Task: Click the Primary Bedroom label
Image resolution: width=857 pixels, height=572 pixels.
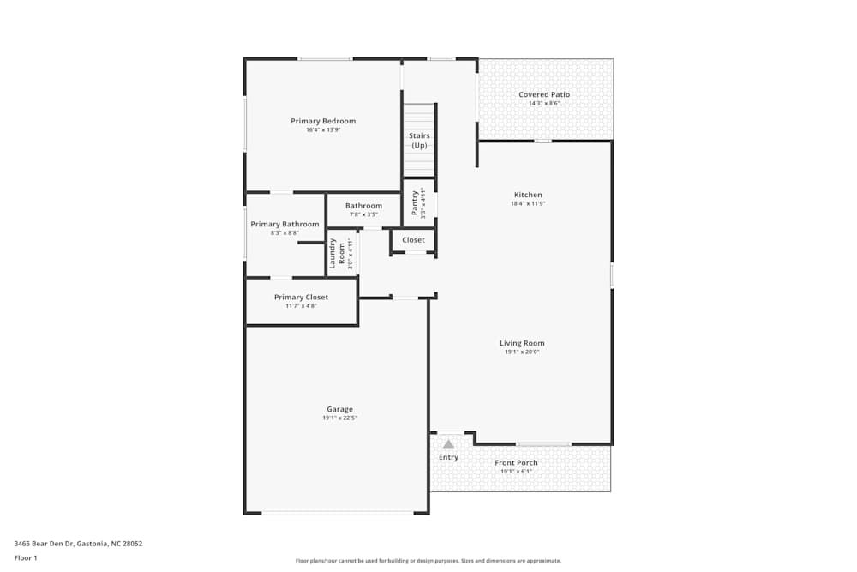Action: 323,121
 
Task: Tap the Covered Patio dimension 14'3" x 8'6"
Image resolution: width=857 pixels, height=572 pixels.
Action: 544,104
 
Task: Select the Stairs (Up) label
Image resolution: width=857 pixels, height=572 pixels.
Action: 419,141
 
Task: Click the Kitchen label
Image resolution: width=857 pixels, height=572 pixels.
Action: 528,195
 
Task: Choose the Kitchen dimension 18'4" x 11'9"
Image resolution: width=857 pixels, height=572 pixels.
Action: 528,204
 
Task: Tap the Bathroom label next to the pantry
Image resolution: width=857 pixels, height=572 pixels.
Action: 363,206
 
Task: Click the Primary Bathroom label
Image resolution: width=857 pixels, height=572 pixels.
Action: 285,225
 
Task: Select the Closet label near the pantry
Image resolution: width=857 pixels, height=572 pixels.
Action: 413,240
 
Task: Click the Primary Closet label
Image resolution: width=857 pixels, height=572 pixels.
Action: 301,298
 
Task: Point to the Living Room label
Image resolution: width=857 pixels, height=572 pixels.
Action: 522,343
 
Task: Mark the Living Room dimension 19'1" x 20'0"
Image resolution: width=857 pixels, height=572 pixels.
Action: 522,352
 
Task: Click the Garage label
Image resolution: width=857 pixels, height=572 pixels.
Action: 339,409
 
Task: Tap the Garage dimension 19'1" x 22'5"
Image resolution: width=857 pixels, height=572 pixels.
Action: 339,418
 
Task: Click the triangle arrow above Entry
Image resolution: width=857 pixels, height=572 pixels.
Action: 448,443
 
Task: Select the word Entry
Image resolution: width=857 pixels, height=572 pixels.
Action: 448,457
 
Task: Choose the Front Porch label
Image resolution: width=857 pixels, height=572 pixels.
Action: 516,463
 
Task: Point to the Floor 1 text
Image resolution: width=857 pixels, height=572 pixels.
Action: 26,557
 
